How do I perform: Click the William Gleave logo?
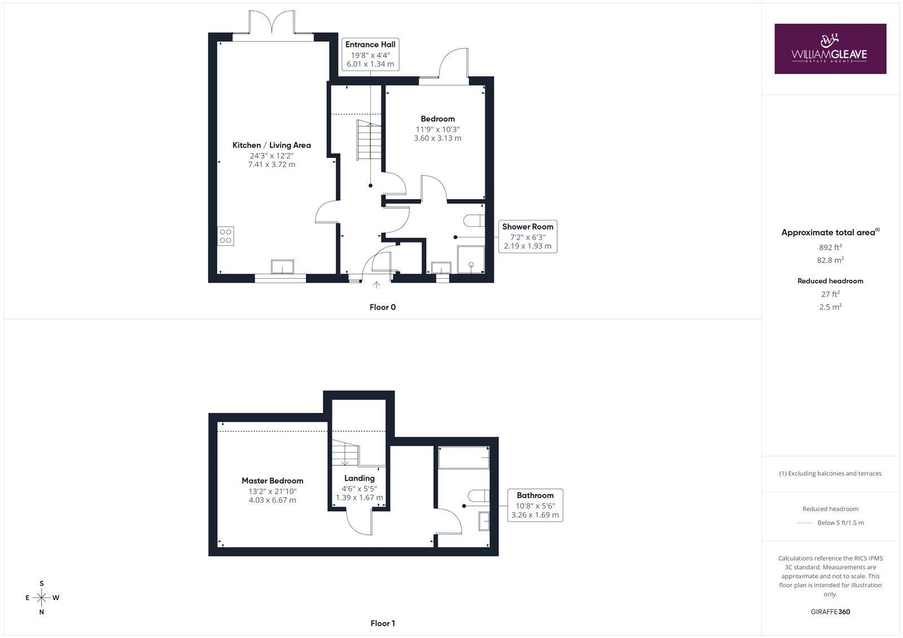pos(830,49)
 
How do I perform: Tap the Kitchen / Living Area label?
pos(271,145)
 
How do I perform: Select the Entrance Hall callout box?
pos(370,54)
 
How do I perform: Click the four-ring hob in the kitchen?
pos(225,236)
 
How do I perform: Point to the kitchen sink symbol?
pos(282,267)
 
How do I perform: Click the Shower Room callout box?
pos(528,236)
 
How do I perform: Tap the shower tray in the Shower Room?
pos(471,259)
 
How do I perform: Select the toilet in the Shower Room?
pos(474,221)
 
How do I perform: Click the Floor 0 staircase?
pos(369,140)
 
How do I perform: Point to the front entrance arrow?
pos(376,284)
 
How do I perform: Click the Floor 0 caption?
pos(383,307)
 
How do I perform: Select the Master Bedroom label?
pos(273,481)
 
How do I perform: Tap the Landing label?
pos(359,478)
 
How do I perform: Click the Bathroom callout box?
pos(536,505)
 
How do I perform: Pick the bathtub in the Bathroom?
pos(463,457)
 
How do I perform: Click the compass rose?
pos(42,597)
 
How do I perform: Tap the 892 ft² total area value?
pos(830,247)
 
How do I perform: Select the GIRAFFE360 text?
pos(830,611)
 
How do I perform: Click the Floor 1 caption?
pos(383,623)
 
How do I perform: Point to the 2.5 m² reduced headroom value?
pos(830,307)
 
